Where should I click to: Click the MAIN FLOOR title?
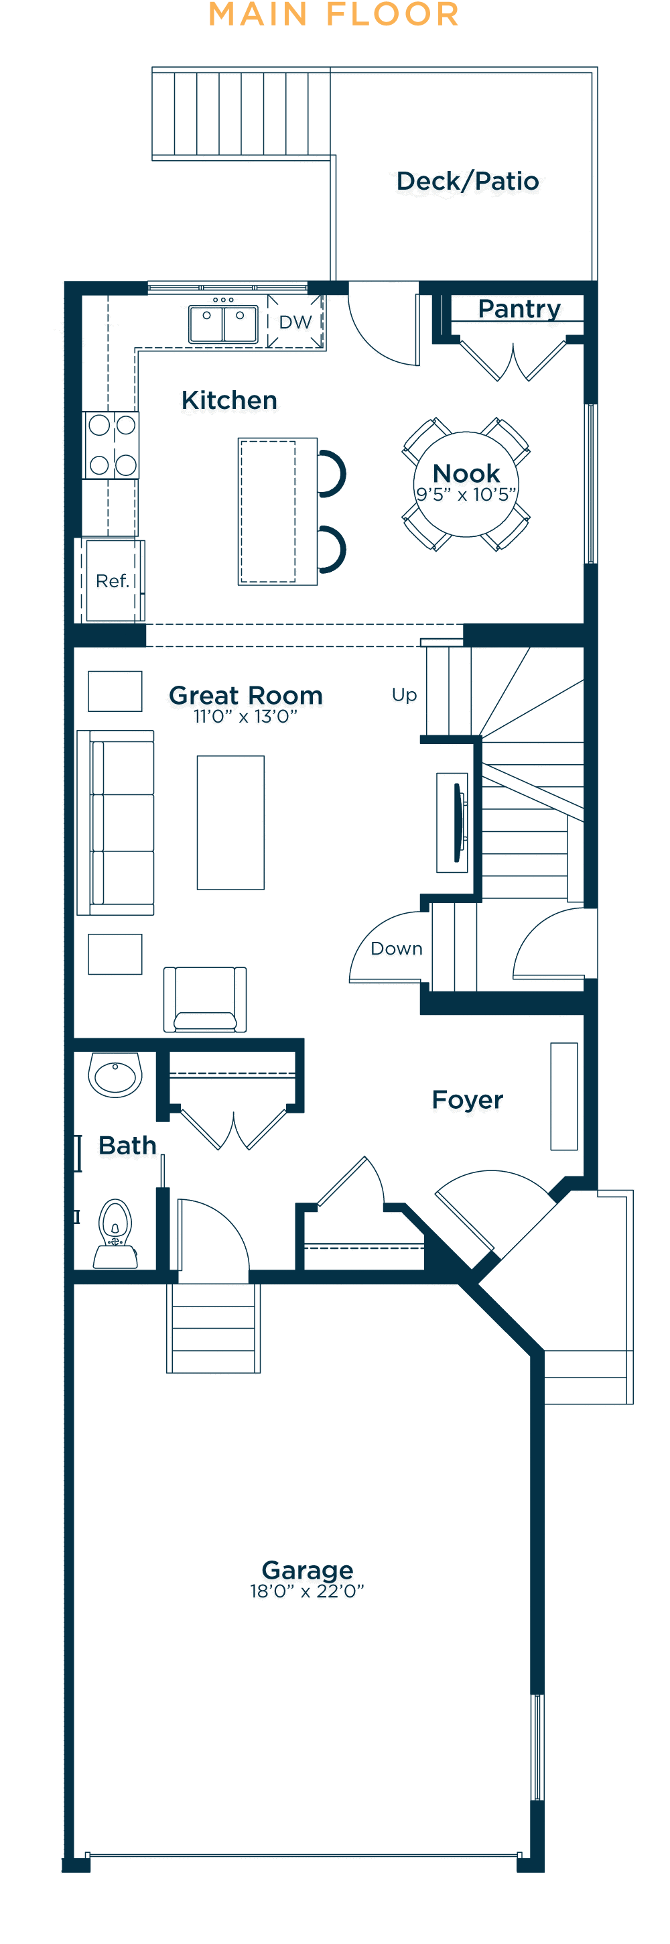point(334,14)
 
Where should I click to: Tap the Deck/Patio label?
point(468,181)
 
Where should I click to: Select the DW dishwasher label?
point(295,322)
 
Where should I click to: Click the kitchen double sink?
point(223,324)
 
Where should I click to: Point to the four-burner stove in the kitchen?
point(111,445)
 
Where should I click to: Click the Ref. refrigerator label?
point(113,581)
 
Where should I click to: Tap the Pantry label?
point(520,308)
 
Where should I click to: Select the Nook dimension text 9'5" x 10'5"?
point(466,495)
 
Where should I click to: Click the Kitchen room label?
point(229,400)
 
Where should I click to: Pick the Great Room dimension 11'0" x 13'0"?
point(246,716)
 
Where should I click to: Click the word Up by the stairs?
point(405,695)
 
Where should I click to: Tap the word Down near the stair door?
point(396,949)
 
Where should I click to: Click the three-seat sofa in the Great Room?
point(115,823)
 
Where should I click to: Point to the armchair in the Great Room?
point(205,999)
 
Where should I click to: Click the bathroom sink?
point(115,1074)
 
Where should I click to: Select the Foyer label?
point(468,1100)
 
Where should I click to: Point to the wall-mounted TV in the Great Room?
point(457,823)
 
